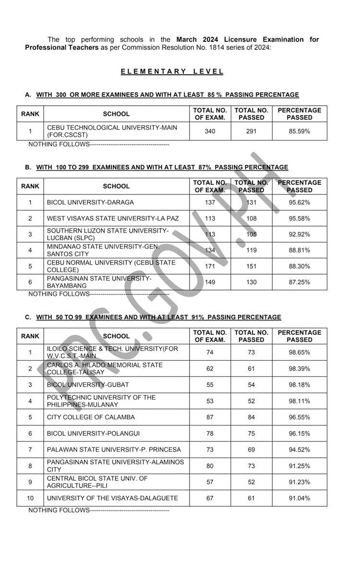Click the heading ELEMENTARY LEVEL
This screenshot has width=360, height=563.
pyautogui.click(x=172, y=72)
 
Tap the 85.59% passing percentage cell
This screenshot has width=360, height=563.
pyautogui.click(x=299, y=131)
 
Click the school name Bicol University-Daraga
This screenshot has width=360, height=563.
pyautogui.click(x=90, y=202)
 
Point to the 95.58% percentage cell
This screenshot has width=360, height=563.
pyautogui.click(x=299, y=218)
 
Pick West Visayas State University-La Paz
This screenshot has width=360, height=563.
pyautogui.click(x=112, y=218)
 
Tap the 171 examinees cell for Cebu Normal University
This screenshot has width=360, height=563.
pyautogui.click(x=210, y=266)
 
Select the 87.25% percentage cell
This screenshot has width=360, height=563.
pyautogui.click(x=299, y=282)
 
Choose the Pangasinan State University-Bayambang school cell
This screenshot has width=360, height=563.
pyautogui.click(x=99, y=282)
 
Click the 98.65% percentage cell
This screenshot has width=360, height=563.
pyautogui.click(x=299, y=352)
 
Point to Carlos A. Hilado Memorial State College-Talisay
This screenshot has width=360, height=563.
pyautogui.click(x=105, y=368)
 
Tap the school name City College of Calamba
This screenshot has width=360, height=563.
pyautogui.click(x=91, y=417)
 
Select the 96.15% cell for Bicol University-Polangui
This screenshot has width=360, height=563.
pyautogui.click(x=299, y=433)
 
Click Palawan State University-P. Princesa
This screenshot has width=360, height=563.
pyautogui.click(x=114, y=450)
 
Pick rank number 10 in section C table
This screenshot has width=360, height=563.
pyautogui.click(x=30, y=498)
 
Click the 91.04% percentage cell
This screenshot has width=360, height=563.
pyautogui.click(x=299, y=498)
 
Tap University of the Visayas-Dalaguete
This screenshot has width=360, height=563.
pyautogui.click(x=112, y=498)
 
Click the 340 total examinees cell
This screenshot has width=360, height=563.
pyautogui.click(x=210, y=131)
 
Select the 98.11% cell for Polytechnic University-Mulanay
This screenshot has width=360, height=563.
pyautogui.click(x=299, y=401)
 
